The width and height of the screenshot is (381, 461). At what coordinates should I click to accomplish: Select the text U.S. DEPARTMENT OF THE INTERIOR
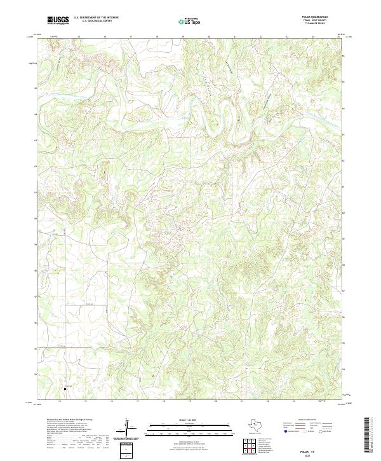pyautogui.click(x=96, y=18)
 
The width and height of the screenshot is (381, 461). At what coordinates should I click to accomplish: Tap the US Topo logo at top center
pyautogui.click(x=190, y=20)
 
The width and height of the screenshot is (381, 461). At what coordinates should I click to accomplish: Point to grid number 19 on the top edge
pyautogui.click(x=183, y=37)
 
